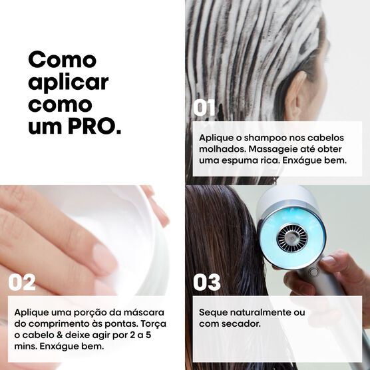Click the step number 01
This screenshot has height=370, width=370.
pos(205,108)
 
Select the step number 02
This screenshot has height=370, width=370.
pos(21,282)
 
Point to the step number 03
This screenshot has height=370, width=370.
pos(206,282)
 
